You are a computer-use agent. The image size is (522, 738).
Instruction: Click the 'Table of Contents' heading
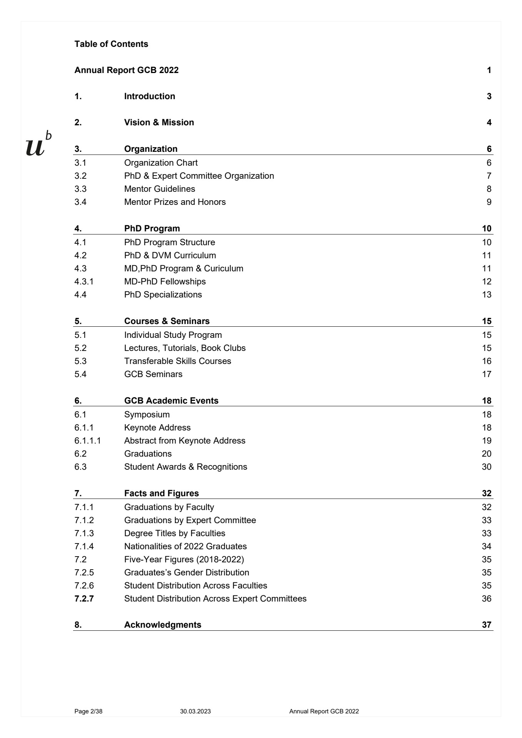[111, 44]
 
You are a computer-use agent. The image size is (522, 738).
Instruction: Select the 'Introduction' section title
[149, 96]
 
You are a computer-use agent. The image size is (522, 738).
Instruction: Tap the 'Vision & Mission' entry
[159, 123]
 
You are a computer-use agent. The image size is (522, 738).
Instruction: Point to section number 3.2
[80, 176]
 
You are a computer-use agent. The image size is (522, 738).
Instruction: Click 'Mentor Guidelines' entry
[159, 189]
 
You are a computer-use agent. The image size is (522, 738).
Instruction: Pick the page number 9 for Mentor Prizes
[489, 202]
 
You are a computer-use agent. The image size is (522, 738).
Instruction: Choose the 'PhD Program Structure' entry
[169, 243]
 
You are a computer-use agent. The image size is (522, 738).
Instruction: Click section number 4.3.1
[84, 282]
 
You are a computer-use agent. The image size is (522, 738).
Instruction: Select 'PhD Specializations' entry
[163, 295]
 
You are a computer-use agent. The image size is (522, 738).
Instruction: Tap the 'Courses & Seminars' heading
[167, 321]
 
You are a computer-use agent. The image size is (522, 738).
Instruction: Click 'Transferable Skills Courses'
[177, 361]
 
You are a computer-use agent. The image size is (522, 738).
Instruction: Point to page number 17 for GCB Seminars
[486, 374]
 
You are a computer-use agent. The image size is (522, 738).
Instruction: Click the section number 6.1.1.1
[87, 441]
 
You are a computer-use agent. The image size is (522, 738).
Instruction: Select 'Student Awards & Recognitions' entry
[185, 467]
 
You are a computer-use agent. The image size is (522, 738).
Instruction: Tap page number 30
[486, 467]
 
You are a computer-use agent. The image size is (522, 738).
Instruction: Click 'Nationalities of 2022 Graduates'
[185, 547]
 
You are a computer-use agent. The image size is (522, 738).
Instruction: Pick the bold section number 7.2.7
[84, 599]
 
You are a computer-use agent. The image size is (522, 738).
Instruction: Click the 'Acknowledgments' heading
[162, 625]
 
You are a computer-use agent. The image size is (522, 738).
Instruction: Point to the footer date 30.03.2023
[195, 711]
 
